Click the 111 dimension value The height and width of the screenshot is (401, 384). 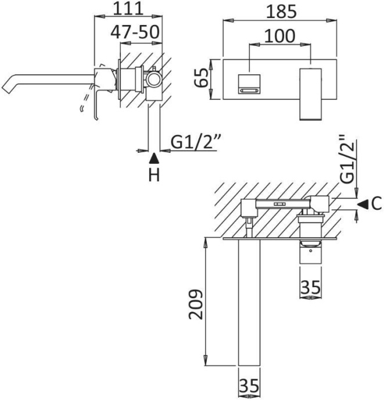coord(128,9)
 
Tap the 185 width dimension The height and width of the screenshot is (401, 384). coord(280,11)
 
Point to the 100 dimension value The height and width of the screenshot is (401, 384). coord(280,35)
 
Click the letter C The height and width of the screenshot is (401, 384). coord(376,203)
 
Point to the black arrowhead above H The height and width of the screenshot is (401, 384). coord(153,157)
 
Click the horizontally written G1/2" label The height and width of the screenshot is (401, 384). coord(193,141)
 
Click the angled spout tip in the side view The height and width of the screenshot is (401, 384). coord(10,87)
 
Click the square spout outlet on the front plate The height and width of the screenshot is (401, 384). coord(249,84)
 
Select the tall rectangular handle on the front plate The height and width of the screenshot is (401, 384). coord(311,93)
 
